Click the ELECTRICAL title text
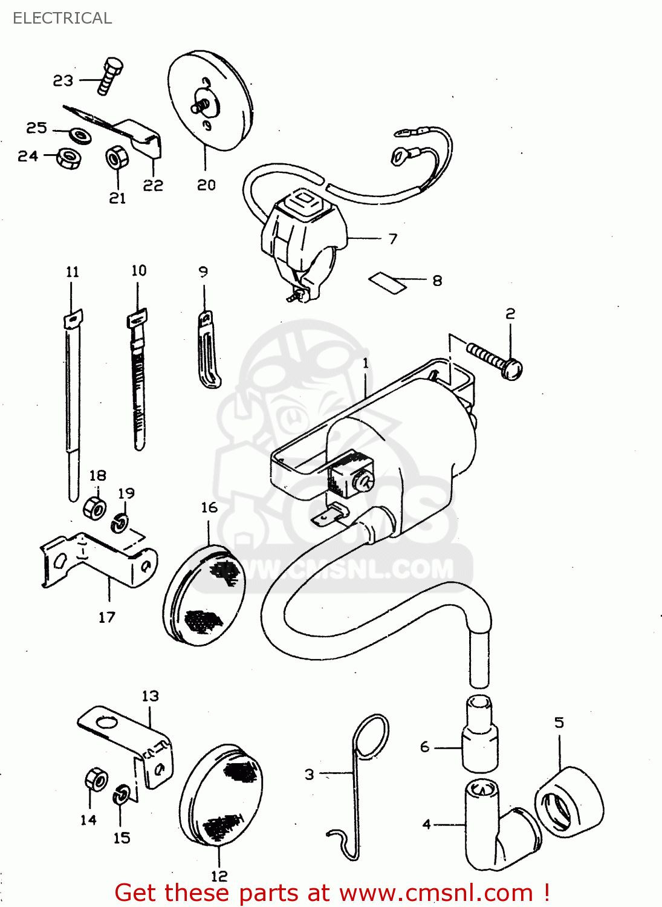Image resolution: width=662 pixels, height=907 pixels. [x=62, y=18]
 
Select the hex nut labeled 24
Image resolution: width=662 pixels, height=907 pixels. [x=69, y=158]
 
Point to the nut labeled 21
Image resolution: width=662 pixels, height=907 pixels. [x=117, y=158]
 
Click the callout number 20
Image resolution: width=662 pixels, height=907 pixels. [x=206, y=185]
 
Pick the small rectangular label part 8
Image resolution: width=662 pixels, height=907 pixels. [x=388, y=282]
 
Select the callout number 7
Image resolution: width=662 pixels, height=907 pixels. [x=393, y=239]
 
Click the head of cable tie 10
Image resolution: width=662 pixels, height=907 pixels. [x=137, y=318]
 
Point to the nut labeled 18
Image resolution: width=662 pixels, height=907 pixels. [x=95, y=508]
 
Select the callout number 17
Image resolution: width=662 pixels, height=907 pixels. [x=107, y=617]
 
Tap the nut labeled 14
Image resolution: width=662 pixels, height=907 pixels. [x=96, y=780]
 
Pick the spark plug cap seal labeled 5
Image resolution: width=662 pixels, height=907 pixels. [x=569, y=802]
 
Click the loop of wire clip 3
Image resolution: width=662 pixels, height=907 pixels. [x=371, y=735]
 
